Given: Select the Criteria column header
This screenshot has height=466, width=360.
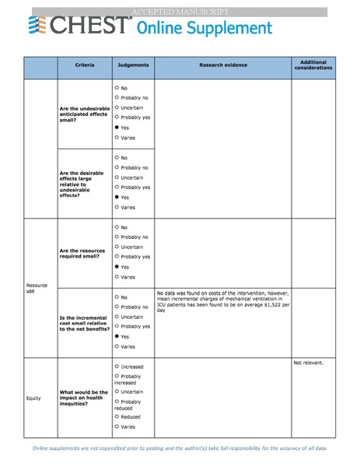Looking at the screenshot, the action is (85, 65).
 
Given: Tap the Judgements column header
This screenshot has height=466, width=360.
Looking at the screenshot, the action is (133, 65).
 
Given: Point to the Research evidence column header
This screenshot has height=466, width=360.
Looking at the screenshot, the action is (222, 65).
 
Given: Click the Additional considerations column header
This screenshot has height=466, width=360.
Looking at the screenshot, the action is (313, 65).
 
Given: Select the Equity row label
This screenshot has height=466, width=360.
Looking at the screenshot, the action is (33, 398).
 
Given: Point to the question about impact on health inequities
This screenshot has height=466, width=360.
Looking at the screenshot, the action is (84, 397).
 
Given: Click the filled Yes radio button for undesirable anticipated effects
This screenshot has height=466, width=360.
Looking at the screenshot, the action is (117, 127).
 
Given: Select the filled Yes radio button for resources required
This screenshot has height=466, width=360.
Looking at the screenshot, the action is (117, 267).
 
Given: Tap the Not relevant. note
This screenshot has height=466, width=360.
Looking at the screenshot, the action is (309, 363).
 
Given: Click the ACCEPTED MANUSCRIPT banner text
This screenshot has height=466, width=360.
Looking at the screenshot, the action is (180, 12).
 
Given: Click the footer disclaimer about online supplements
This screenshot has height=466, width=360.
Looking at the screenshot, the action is (180, 449).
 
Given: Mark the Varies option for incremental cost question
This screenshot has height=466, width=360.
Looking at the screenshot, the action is (117, 346).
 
